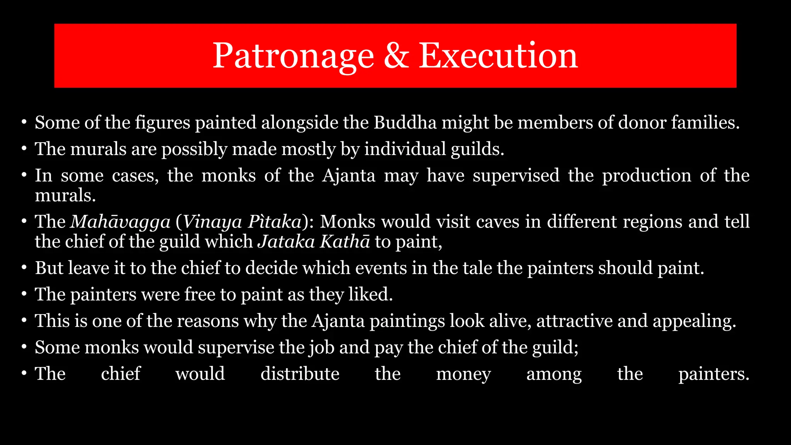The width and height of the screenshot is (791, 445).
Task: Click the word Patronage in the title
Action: point(293,56)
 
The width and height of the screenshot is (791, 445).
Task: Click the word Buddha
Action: point(405,123)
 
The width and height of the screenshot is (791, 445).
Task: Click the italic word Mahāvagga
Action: point(120,222)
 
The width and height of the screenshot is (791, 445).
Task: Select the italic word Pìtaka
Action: point(275,222)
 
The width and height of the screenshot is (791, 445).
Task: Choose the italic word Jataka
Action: point(286,242)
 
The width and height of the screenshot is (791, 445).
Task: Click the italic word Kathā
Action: point(345,242)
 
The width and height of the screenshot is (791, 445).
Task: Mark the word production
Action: point(647,176)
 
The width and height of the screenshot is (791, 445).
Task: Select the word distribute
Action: point(300,374)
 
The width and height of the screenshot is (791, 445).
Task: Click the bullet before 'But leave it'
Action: point(24,268)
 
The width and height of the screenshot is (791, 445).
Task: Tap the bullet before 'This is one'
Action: point(24,321)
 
